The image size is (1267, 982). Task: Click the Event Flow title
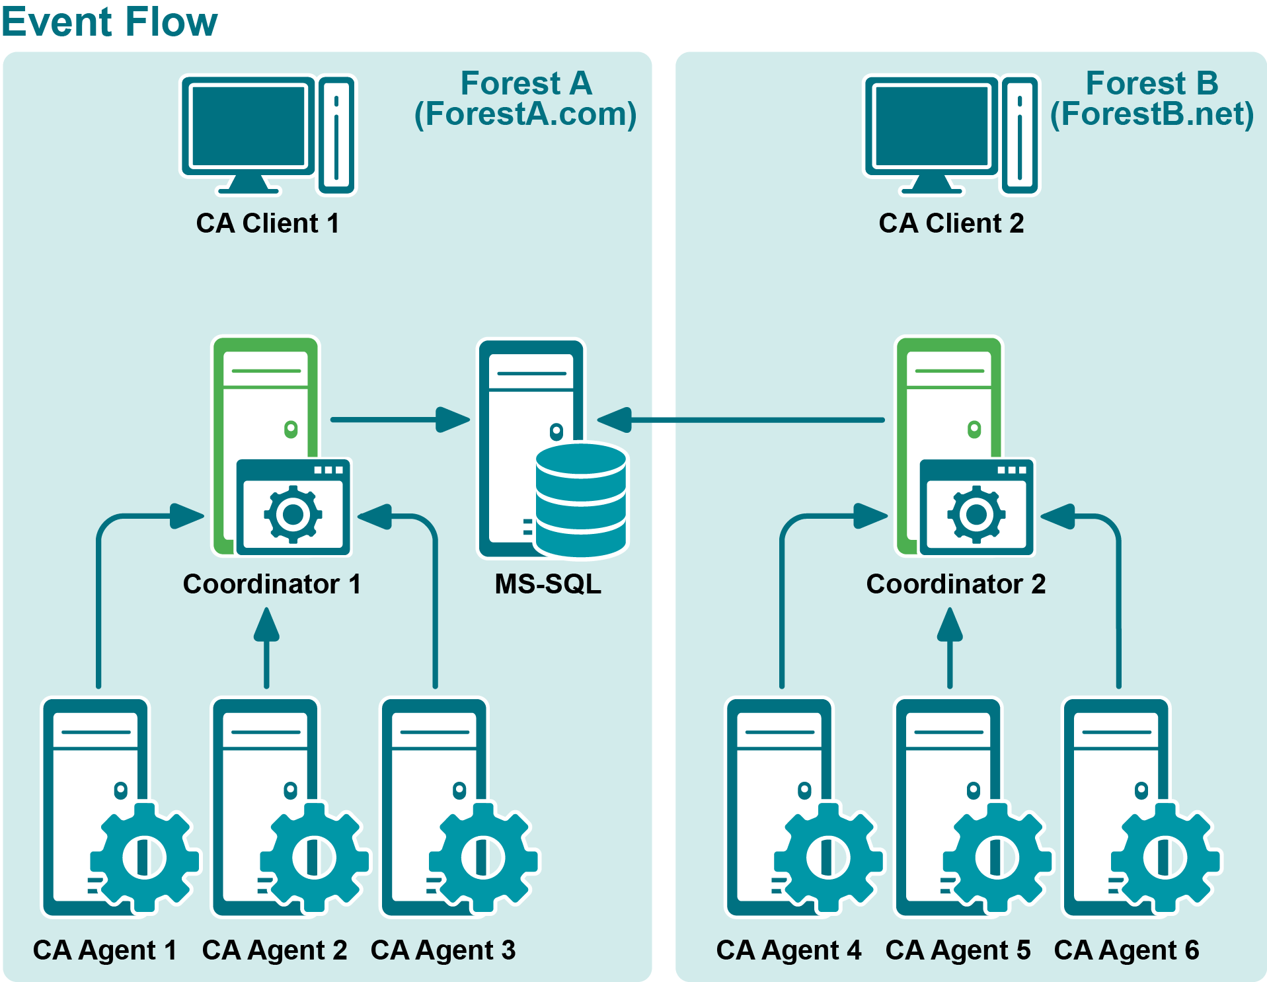coord(110,22)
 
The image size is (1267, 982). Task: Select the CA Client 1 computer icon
coord(268,135)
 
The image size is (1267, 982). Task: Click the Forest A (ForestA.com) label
coord(525,99)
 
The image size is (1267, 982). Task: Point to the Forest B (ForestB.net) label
coord(1151,99)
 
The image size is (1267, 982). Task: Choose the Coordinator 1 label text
coord(272,584)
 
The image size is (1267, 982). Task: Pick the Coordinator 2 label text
coord(956,584)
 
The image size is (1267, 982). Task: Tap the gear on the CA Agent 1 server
coord(145,857)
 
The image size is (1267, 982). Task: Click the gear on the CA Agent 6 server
coord(1165,857)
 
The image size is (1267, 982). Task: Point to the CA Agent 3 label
coord(443,950)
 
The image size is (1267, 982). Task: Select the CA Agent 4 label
coord(788,950)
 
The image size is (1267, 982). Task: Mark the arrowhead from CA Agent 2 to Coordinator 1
coord(266,625)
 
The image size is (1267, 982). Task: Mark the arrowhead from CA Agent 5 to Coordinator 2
coord(950,625)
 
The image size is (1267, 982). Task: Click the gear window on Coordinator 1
coord(293,508)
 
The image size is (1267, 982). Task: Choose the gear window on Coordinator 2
coord(977,508)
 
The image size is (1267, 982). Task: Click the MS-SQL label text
coord(548,584)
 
